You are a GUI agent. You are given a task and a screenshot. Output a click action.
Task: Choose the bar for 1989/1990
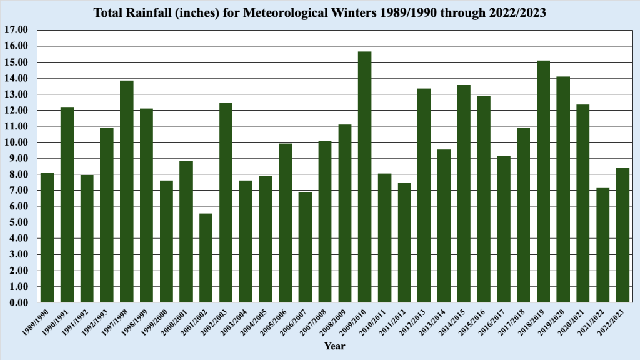(x=47, y=238)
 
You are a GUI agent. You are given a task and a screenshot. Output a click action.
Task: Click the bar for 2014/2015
(x=464, y=194)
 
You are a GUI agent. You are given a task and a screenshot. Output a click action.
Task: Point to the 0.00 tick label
(x=18, y=303)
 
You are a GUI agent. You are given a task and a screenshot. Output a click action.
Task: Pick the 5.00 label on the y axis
(x=18, y=222)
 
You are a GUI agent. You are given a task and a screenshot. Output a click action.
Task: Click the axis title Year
(x=334, y=346)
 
